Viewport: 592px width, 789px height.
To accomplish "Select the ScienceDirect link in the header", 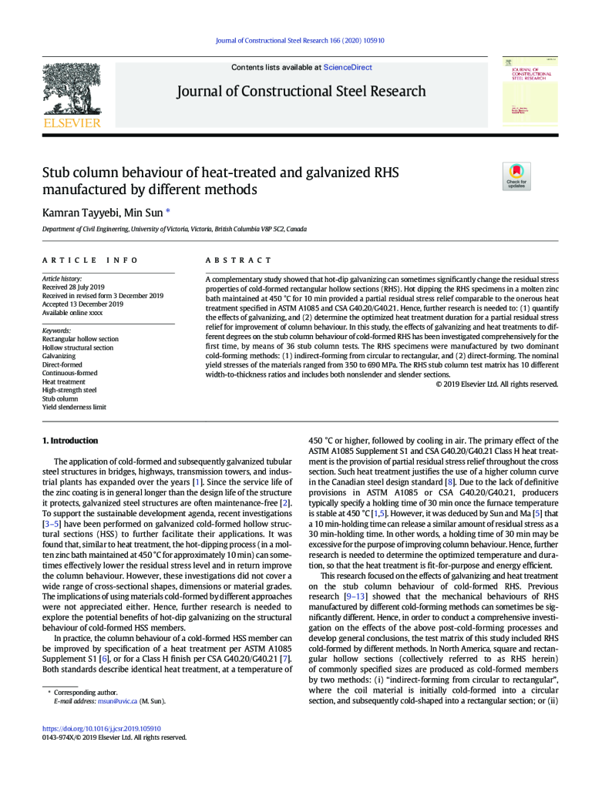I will pyautogui.click(x=348, y=67).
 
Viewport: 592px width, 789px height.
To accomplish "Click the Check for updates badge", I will pyautogui.click(x=516, y=176).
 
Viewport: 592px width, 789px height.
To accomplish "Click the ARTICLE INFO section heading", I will pyautogui.click(x=90, y=260).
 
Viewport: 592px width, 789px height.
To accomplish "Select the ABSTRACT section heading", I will pyautogui.click(x=238, y=260).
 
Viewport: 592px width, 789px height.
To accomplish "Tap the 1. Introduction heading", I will pyautogui.click(x=69, y=441).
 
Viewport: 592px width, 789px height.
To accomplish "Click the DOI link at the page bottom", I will pyautogui.click(x=102, y=727).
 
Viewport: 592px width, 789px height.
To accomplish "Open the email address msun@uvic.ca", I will pyautogui.click(x=119, y=701).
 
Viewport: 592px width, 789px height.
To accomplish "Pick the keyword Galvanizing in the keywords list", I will pyautogui.click(x=59, y=356).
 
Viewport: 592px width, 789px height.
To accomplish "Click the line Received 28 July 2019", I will pyautogui.click(x=75, y=287).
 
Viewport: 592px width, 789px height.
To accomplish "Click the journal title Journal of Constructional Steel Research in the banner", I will pyautogui.click(x=301, y=92).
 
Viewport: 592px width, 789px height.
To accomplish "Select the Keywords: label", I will pyautogui.click(x=57, y=331).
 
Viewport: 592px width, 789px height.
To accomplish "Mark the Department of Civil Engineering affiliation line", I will pyautogui.click(x=174, y=230).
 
